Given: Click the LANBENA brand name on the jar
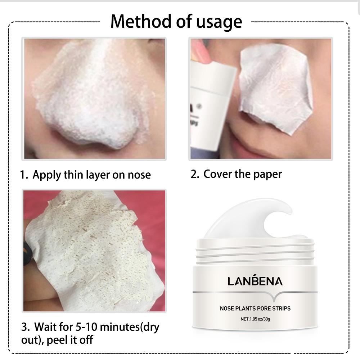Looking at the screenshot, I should pyautogui.click(x=255, y=281).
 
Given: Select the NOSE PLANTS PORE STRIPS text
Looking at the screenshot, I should pyautogui.click(x=255, y=308).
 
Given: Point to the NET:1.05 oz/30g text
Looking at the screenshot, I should pyautogui.click(x=255, y=319).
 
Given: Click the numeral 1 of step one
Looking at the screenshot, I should pyautogui.click(x=23, y=175).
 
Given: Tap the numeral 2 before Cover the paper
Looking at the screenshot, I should pyautogui.click(x=194, y=174).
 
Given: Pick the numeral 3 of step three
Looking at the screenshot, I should pyautogui.click(x=25, y=328).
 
